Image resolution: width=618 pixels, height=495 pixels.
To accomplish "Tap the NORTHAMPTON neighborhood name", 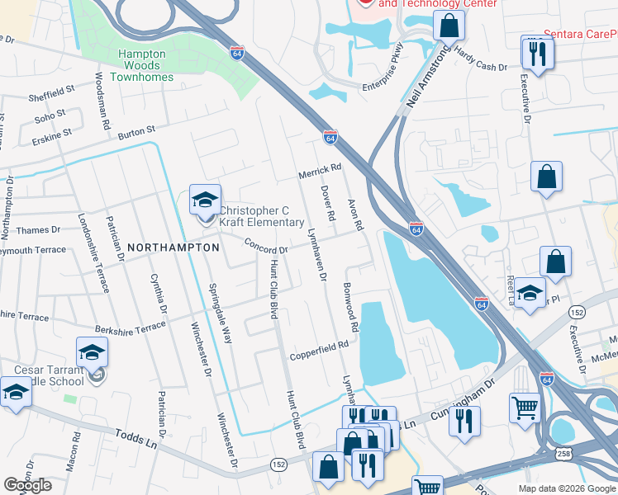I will point(173,247).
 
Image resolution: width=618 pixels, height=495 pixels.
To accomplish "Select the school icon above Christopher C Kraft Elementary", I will point(205,200).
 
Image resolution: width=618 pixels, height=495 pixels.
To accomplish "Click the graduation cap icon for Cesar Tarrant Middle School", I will point(93,353).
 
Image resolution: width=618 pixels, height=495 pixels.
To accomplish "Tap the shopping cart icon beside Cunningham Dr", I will point(525,407).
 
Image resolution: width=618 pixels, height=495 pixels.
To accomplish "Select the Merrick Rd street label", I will point(320,169).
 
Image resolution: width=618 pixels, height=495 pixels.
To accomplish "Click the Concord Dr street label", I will point(265,246).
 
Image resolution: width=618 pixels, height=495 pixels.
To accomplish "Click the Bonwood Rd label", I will point(349,308).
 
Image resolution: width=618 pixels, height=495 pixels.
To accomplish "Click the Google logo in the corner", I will point(27,485).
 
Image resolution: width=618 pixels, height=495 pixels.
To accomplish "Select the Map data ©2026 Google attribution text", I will point(567,488).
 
